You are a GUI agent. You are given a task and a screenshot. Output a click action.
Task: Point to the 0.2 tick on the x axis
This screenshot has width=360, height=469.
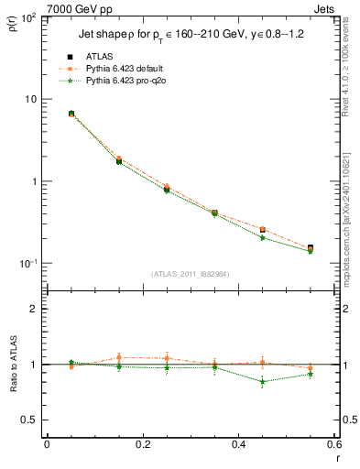142,444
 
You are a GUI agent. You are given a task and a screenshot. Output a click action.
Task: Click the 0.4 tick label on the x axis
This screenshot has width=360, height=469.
237,444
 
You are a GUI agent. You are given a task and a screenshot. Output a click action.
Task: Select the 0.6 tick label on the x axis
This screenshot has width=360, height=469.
333,444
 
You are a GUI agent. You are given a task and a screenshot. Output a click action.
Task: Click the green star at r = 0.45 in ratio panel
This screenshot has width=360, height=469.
262,381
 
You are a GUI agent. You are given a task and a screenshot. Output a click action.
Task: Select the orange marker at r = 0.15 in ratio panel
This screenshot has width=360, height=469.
119,358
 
